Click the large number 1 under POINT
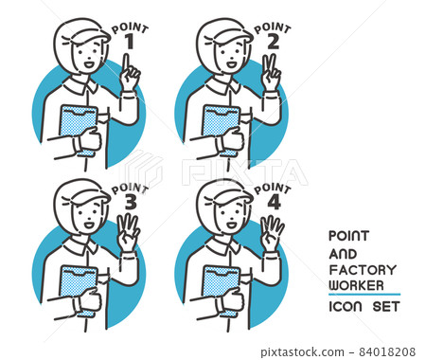(129, 42)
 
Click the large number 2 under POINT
(274, 42)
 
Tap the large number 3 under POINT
(131, 202)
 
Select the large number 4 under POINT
(274, 202)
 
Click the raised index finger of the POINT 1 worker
(126, 63)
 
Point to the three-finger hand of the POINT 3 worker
(128, 233)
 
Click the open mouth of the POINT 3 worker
(89, 225)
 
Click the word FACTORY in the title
(363, 270)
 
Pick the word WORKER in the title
(356, 285)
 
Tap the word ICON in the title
(346, 307)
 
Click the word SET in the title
(386, 307)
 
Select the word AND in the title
(343, 254)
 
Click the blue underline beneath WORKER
(364, 295)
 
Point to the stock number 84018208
(387, 351)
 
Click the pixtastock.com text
(302, 351)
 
